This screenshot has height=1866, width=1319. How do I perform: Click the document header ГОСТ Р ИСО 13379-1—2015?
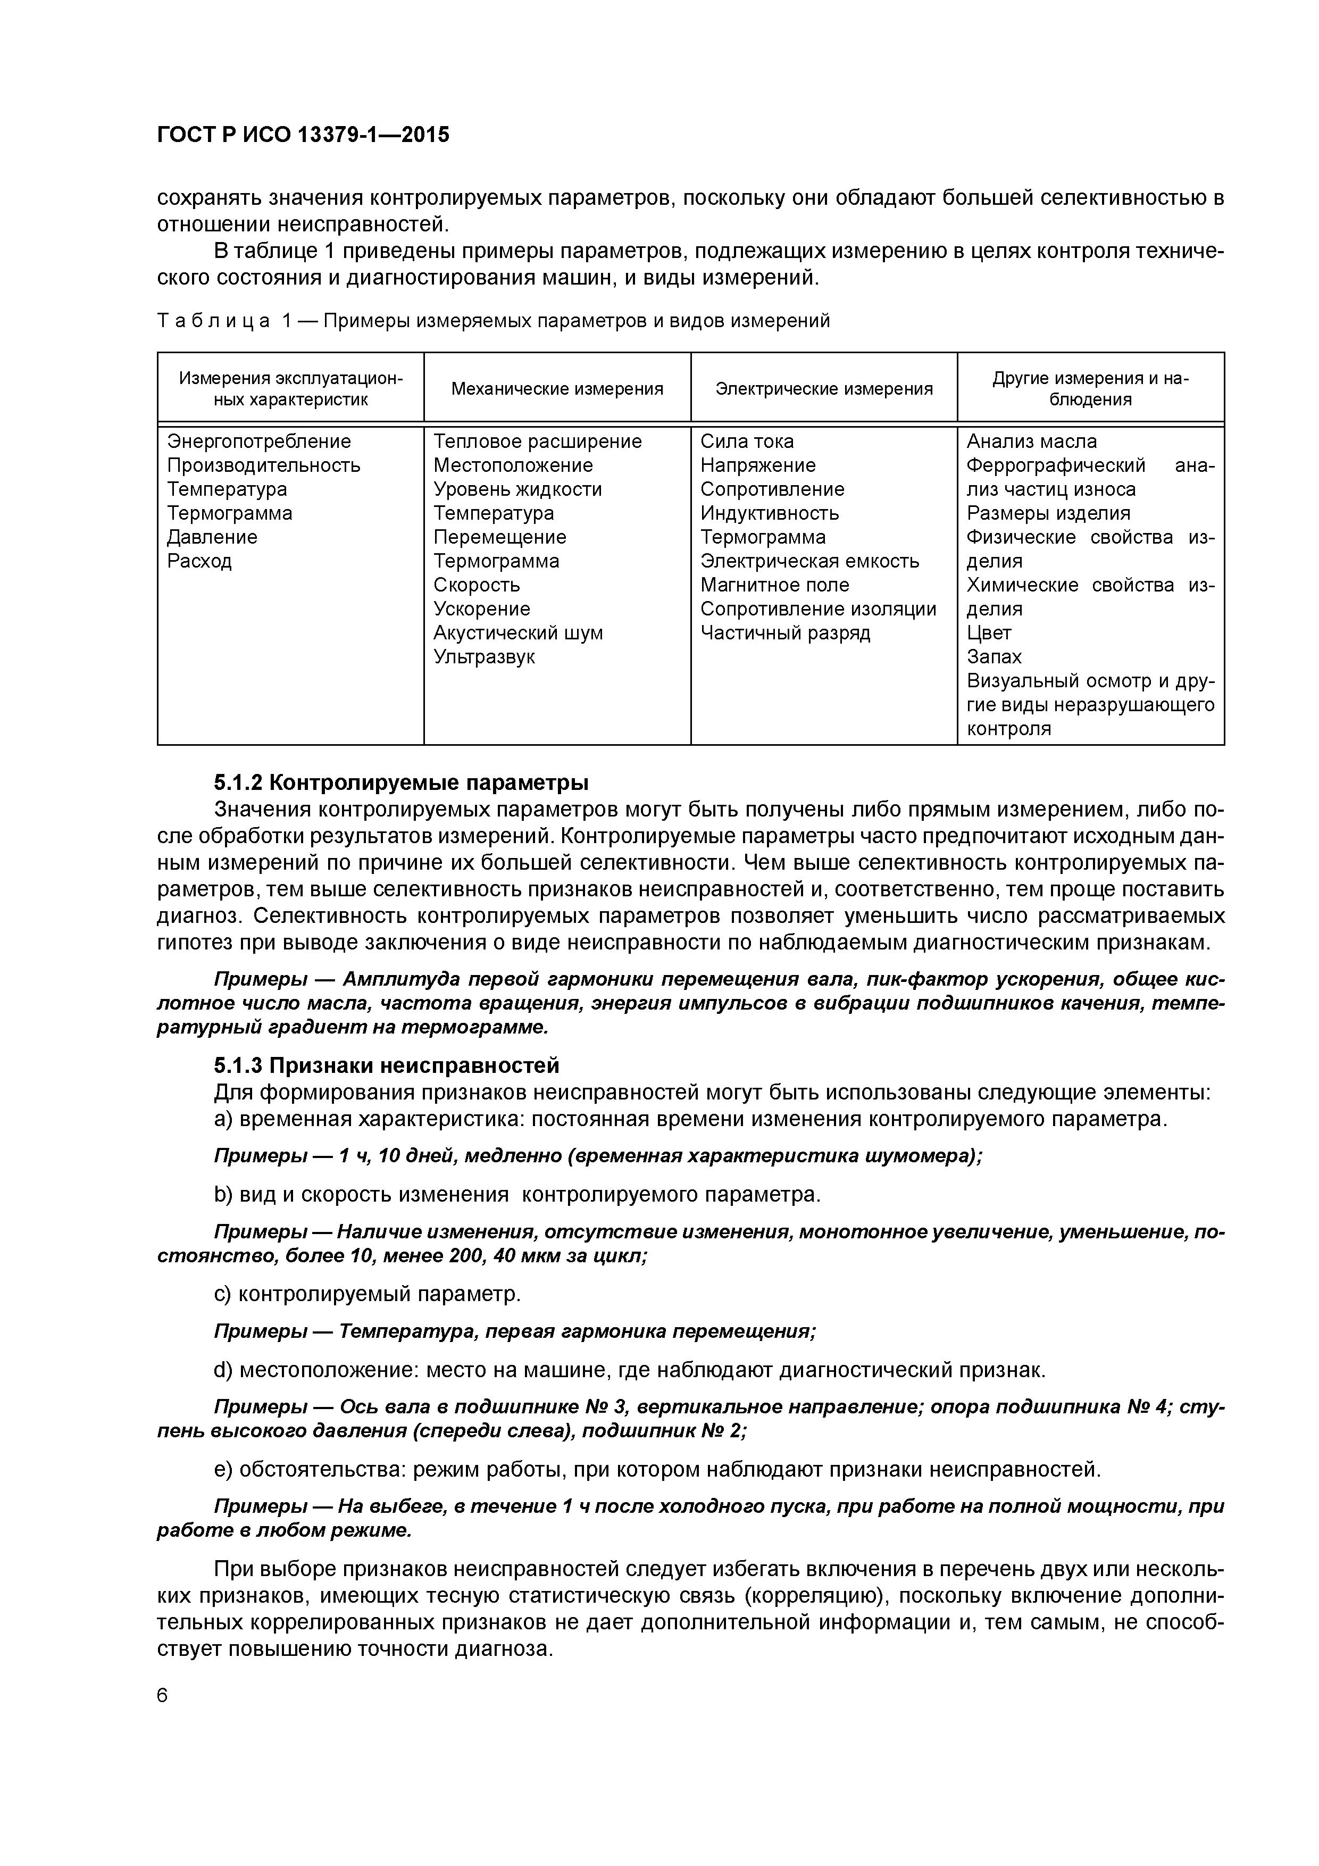click(x=302, y=135)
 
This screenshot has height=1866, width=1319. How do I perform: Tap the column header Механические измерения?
click(x=557, y=389)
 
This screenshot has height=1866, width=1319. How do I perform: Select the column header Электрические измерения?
click(x=823, y=389)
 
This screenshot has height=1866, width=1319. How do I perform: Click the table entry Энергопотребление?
click(x=258, y=441)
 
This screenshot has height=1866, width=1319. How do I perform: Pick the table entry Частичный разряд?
click(x=784, y=633)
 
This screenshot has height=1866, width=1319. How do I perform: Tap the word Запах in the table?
click(x=994, y=657)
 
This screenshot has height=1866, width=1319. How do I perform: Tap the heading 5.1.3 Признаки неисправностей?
click(x=386, y=1065)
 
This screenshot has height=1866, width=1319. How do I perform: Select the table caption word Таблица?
click(x=213, y=321)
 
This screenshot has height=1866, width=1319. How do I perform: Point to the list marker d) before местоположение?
click(x=223, y=1370)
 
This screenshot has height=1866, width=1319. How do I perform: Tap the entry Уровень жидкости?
click(x=517, y=489)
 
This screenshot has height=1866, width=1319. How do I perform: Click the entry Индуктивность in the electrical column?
click(x=769, y=514)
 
